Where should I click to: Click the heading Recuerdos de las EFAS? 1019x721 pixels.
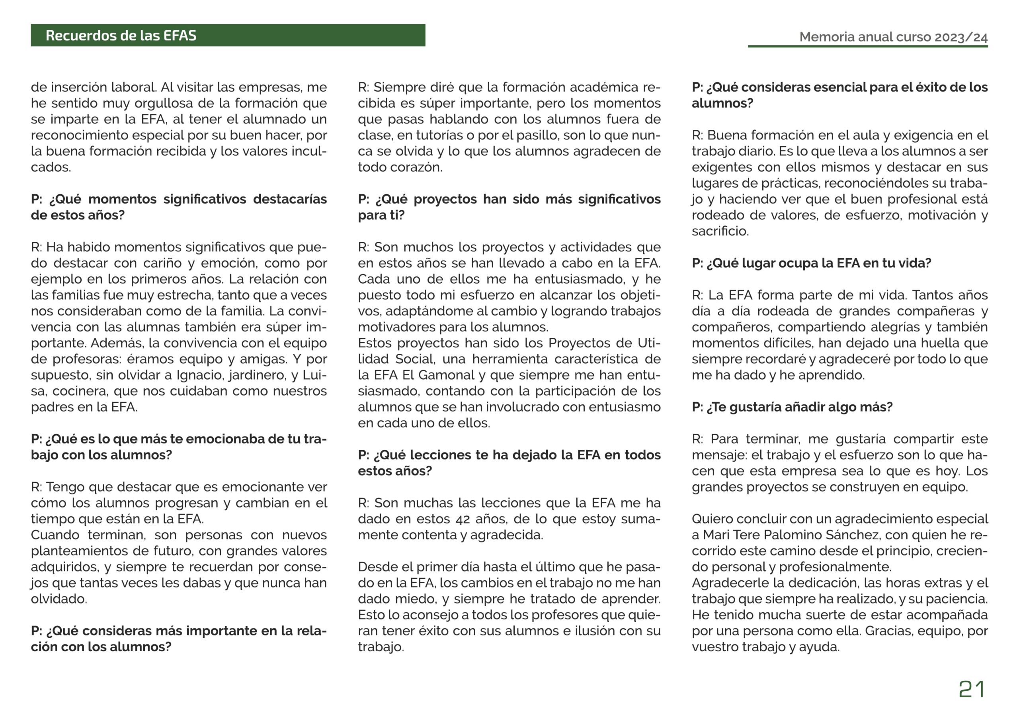[x=121, y=35]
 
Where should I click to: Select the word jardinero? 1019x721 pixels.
[x=257, y=375]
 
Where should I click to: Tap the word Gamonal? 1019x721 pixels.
[x=446, y=375]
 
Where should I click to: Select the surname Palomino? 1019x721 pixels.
[x=789, y=535]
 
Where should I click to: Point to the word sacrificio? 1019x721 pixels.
[x=720, y=231]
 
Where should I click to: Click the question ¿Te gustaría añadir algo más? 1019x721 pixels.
[x=792, y=407]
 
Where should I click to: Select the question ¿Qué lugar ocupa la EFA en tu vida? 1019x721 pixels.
[x=811, y=263]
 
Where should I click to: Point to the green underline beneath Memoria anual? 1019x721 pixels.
[x=867, y=46]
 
